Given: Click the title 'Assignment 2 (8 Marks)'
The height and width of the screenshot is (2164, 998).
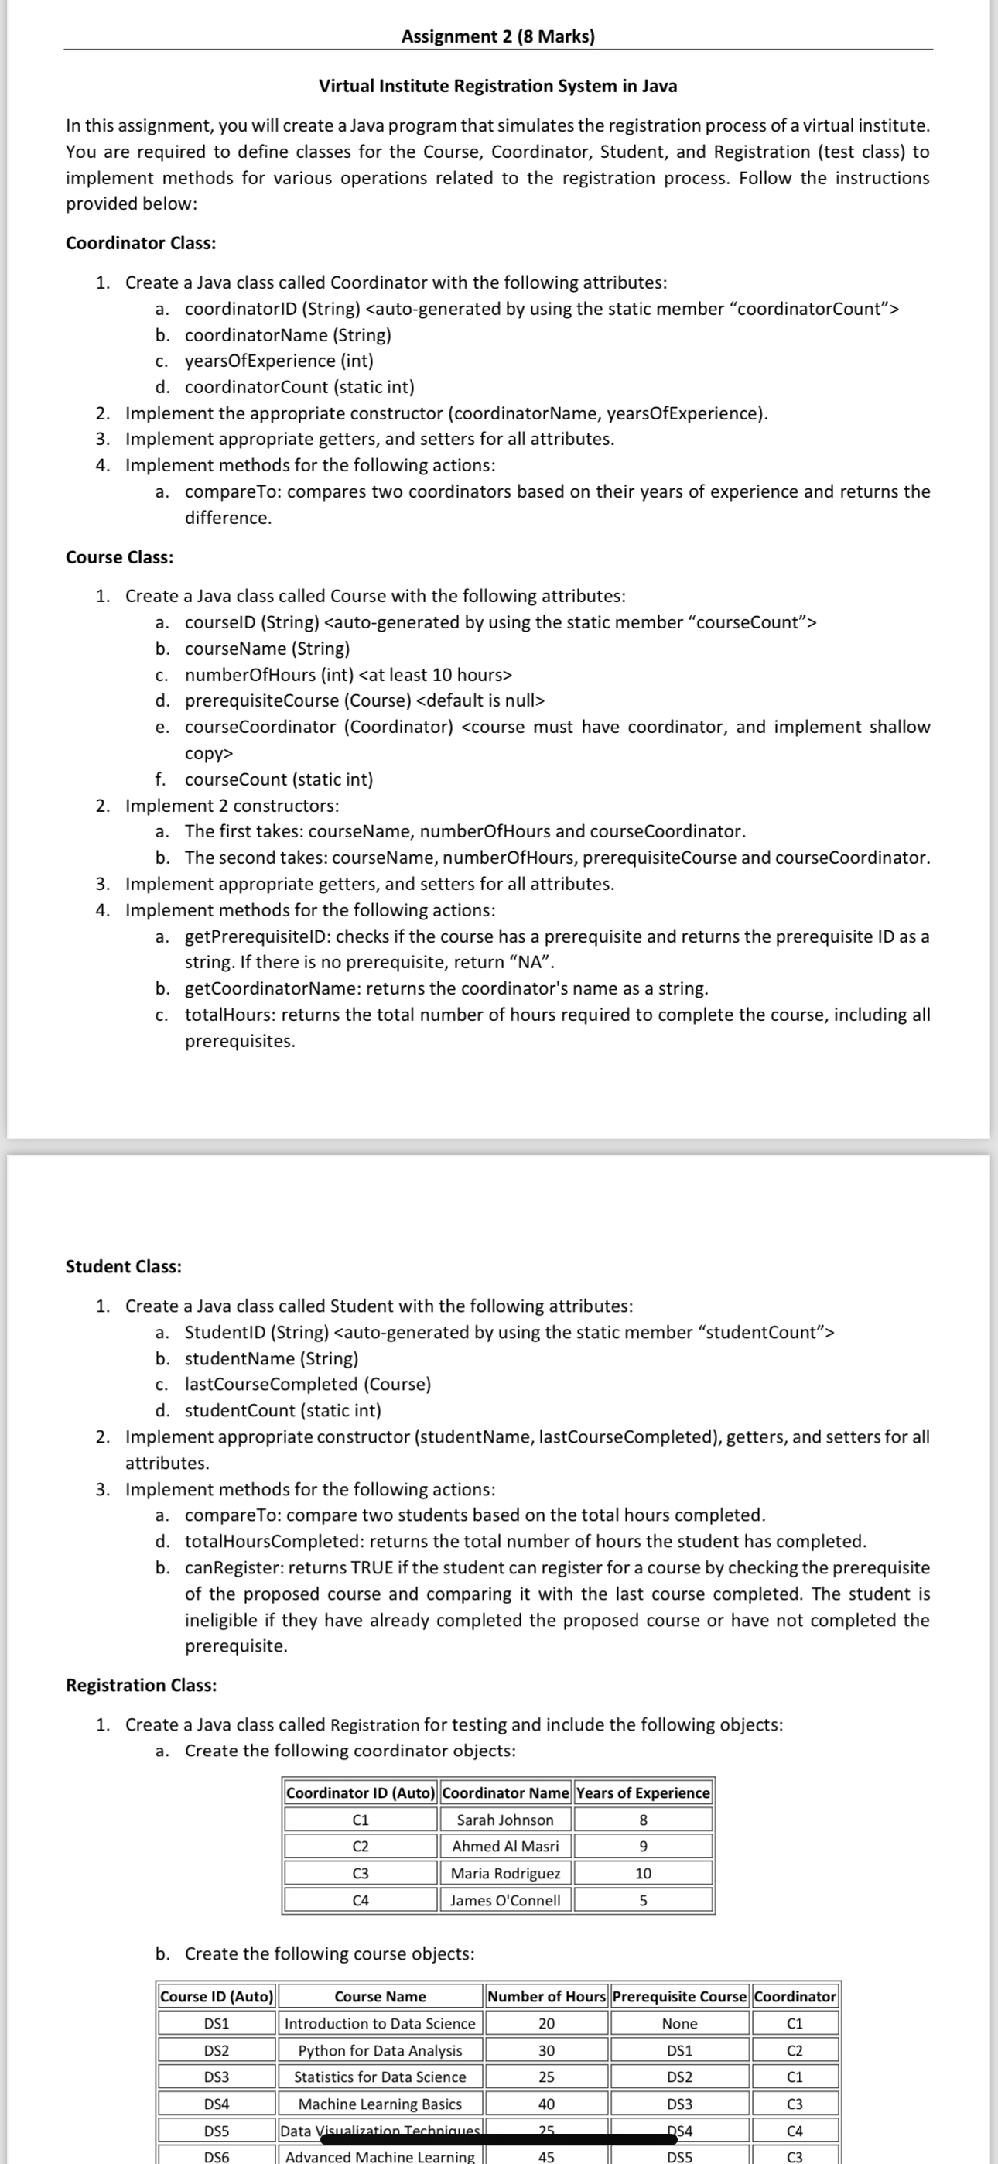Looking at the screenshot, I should pyautogui.click(x=497, y=36).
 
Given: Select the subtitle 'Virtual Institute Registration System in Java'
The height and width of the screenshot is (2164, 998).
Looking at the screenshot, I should pyautogui.click(x=497, y=86).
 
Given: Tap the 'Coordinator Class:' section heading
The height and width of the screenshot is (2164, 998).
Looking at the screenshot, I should pyautogui.click(x=140, y=243).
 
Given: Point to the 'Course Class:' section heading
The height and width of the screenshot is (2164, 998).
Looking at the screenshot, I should pyautogui.click(x=119, y=557).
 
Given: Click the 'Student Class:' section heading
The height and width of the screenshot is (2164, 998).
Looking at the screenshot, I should pyautogui.click(x=124, y=1266).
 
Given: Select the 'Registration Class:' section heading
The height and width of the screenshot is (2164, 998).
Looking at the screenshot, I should pyautogui.click(x=141, y=1684).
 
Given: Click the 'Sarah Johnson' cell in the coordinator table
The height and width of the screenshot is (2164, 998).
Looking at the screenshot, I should pyautogui.click(x=505, y=1820).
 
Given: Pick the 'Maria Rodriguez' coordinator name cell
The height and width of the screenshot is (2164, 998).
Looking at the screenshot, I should pyautogui.click(x=505, y=1872).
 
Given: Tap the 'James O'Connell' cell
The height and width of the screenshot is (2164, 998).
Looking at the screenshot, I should pyautogui.click(x=505, y=1899).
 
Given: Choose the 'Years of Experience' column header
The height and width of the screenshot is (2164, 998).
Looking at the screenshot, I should pyautogui.click(x=643, y=1792).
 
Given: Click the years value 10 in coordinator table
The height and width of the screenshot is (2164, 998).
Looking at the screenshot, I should pyautogui.click(x=643, y=1872).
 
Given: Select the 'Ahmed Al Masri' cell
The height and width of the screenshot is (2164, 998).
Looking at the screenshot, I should pyautogui.click(x=505, y=1846).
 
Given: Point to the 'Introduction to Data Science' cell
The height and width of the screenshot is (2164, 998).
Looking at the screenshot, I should pyautogui.click(x=380, y=2023).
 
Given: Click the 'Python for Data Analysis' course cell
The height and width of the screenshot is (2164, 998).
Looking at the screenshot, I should pyautogui.click(x=380, y=2049).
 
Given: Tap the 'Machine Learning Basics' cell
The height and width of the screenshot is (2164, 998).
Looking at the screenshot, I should pyautogui.click(x=380, y=2104).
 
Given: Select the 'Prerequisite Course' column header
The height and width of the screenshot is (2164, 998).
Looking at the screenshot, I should pyautogui.click(x=678, y=1996).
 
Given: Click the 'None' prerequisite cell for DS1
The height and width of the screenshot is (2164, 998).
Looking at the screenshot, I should pyautogui.click(x=678, y=2023).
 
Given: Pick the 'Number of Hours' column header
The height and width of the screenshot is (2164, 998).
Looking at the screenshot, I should pyautogui.click(x=546, y=1996).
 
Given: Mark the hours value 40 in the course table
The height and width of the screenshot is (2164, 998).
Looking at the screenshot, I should pyautogui.click(x=546, y=2104).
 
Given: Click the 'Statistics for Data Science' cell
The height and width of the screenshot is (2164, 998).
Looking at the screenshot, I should pyautogui.click(x=380, y=2077).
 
